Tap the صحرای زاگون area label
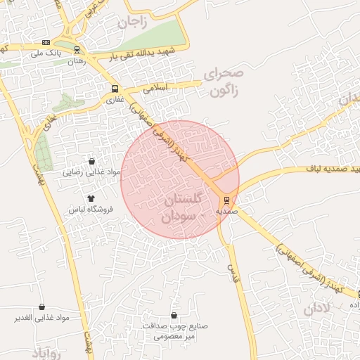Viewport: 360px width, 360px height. coord(224,82)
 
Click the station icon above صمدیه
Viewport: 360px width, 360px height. coord(225,200)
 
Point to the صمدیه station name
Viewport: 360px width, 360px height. coord(225,210)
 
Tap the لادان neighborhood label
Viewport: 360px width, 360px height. coord(318,309)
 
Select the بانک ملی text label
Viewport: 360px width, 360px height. coord(49,53)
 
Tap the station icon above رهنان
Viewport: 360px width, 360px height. coord(76,50)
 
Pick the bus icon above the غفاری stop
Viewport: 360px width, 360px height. coord(115,89)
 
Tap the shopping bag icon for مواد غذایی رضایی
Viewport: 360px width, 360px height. coord(91,161)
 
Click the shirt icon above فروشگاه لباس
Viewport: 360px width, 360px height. coord(91,199)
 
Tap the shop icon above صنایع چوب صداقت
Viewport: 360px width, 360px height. coord(174,316)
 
